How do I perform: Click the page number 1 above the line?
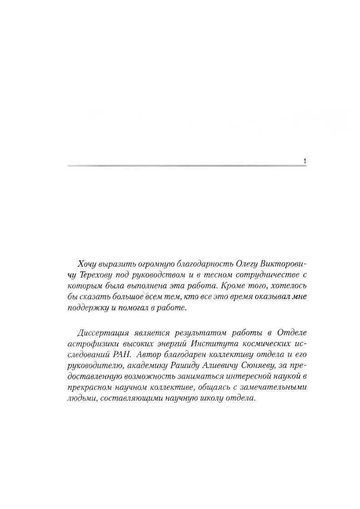tap(304, 161)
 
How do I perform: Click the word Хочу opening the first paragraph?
tap(88, 264)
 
